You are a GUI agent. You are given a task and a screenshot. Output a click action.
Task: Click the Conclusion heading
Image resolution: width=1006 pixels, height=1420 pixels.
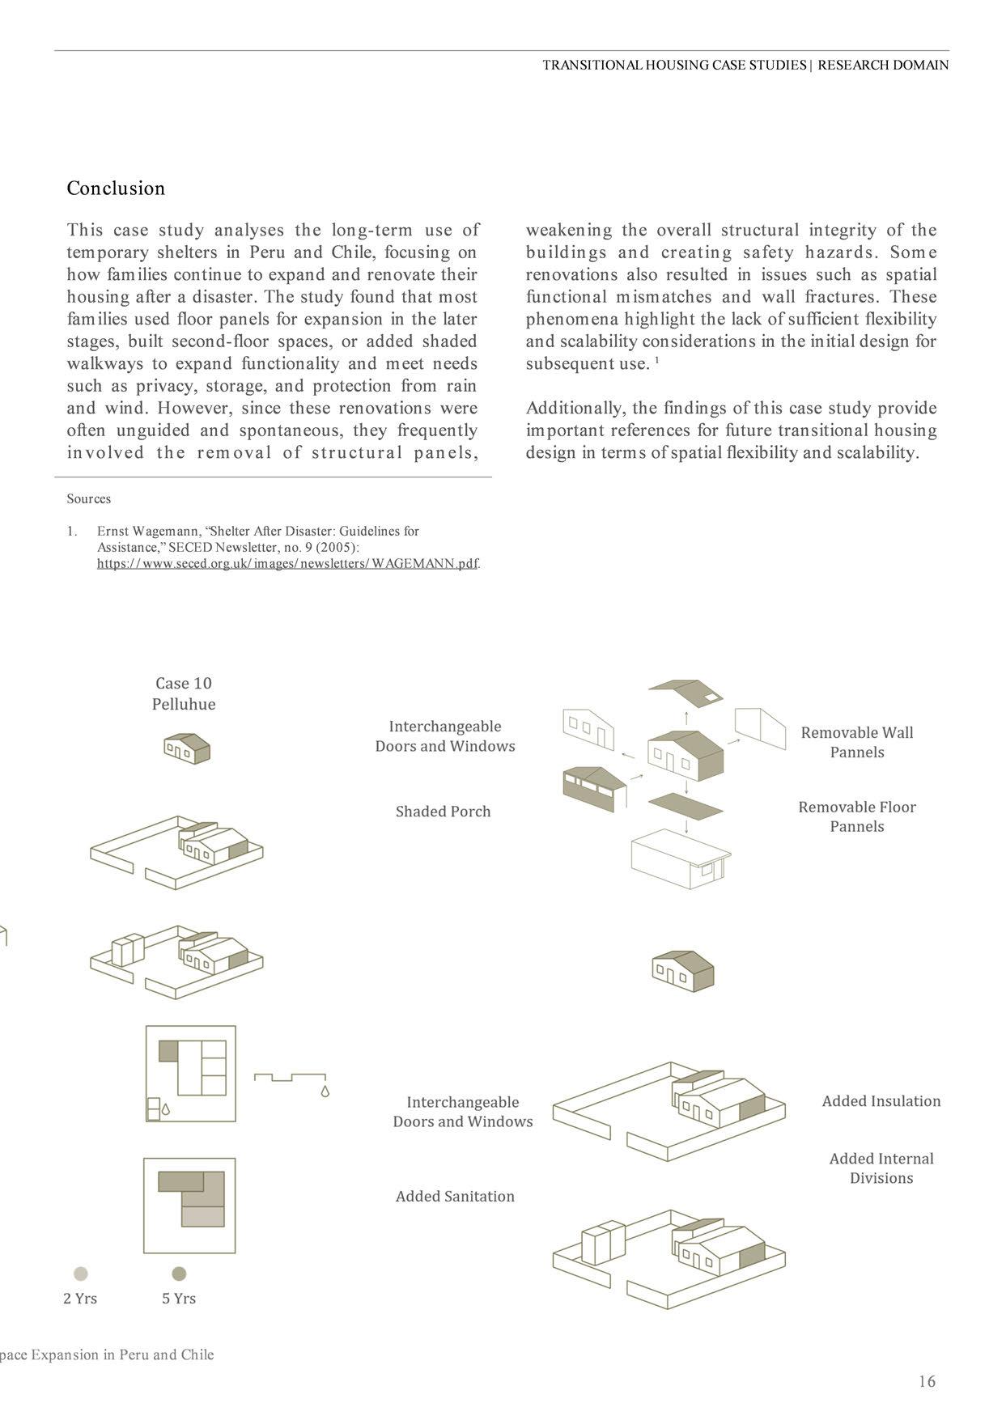click(116, 189)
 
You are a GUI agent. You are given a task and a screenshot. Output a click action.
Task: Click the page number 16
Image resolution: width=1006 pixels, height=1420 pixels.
click(927, 1381)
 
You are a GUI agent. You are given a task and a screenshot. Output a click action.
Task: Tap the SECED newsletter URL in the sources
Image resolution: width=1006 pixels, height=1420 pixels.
click(287, 564)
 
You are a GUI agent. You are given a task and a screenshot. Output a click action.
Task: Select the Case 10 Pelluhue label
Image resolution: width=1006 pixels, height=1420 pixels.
click(184, 693)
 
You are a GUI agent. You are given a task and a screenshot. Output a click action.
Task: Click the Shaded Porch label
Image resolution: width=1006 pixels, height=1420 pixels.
click(443, 812)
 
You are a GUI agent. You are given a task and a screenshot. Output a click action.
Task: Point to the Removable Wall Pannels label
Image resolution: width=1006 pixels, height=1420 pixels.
click(856, 742)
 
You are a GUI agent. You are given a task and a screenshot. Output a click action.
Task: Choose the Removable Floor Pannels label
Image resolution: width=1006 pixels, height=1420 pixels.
click(856, 816)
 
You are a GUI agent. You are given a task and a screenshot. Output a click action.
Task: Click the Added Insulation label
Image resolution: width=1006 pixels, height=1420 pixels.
click(881, 1101)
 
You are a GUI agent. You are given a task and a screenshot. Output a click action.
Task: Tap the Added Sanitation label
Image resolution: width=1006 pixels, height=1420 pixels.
click(455, 1197)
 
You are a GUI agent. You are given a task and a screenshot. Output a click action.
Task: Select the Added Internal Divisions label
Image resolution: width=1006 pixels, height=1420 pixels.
click(881, 1168)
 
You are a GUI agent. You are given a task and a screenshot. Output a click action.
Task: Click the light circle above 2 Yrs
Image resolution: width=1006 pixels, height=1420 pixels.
click(80, 1274)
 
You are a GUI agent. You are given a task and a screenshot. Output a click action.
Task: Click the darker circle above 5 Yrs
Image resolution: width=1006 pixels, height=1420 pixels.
click(179, 1274)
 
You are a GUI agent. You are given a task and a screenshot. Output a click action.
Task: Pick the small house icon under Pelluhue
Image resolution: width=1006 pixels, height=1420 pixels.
click(187, 748)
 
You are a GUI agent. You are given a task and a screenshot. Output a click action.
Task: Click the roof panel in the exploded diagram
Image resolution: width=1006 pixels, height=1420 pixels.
click(686, 693)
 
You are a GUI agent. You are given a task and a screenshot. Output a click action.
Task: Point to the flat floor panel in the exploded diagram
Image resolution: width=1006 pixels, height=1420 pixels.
click(686, 806)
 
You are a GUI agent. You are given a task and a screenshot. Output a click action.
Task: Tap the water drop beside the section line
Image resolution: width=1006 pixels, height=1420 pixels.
click(325, 1091)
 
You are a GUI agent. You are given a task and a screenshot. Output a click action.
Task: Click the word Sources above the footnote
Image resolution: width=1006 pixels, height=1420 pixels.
click(89, 499)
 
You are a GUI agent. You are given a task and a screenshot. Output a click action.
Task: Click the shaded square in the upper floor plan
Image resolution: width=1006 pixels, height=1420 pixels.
click(168, 1051)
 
